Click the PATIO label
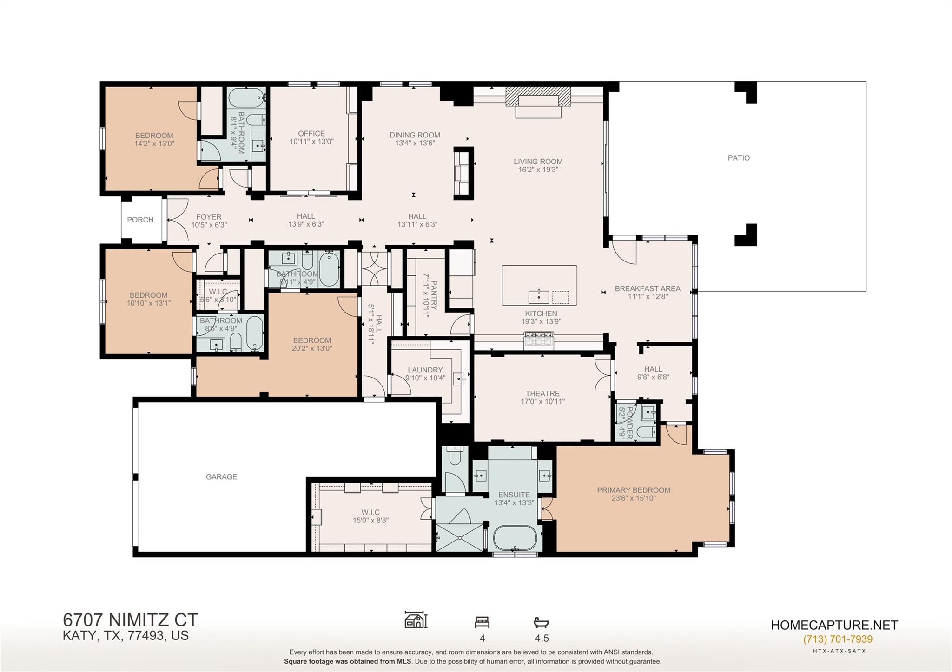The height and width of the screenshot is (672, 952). (739, 158)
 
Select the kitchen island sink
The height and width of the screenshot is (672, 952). (538, 296)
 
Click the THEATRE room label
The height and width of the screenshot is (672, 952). (542, 393)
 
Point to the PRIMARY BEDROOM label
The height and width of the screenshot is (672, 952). (634, 490)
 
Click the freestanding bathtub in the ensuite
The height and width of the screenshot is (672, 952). (515, 538)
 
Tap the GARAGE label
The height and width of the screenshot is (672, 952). (221, 476)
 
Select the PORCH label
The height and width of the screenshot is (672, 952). (140, 220)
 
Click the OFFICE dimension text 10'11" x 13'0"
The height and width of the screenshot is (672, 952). (311, 142)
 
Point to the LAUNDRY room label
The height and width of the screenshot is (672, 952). (425, 370)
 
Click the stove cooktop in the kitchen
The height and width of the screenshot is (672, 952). (539, 340)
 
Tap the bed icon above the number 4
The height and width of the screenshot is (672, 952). (482, 622)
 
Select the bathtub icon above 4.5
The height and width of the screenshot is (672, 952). (542, 622)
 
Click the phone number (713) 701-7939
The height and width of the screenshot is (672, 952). (838, 639)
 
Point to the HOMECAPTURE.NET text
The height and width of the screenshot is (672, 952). (834, 625)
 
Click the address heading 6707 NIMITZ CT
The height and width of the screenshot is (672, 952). (130, 620)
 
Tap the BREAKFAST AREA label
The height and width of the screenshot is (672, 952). (648, 288)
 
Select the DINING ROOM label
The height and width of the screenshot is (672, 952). (415, 135)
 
